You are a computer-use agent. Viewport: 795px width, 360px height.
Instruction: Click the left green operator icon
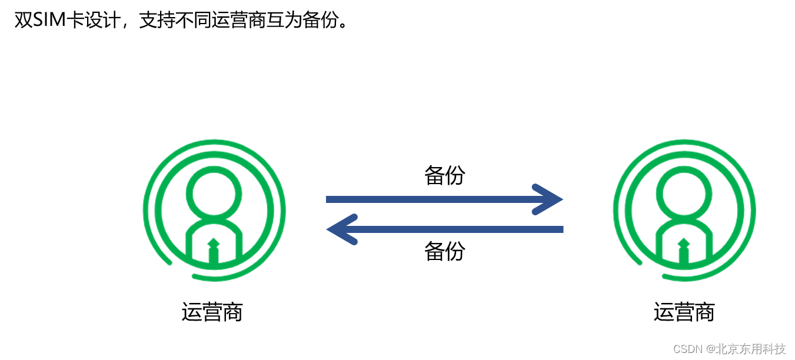pos(214,209)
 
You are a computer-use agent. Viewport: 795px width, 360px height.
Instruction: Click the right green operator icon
pos(684,209)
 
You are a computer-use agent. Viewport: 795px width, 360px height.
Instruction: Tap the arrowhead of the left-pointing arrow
pos(340,229)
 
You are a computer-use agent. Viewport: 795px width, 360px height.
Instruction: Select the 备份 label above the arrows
pos(445,175)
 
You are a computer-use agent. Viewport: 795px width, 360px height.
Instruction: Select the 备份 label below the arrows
pos(445,251)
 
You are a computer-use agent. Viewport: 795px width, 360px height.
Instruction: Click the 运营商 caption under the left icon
pos(212,312)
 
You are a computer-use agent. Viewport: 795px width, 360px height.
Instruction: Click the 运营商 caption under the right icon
pos(684,312)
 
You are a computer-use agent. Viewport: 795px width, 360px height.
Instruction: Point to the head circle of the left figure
pos(214,193)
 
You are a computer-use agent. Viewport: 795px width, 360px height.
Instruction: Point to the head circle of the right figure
pos(684,193)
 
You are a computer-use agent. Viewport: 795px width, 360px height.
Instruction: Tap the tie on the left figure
pos(214,252)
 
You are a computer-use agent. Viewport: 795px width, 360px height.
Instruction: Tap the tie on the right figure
pos(684,252)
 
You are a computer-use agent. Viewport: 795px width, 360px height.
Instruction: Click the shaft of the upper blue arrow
pos(430,199)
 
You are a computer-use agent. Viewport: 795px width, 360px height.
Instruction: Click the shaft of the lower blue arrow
pos(459,229)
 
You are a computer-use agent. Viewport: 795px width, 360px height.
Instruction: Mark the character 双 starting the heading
pos(23,21)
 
